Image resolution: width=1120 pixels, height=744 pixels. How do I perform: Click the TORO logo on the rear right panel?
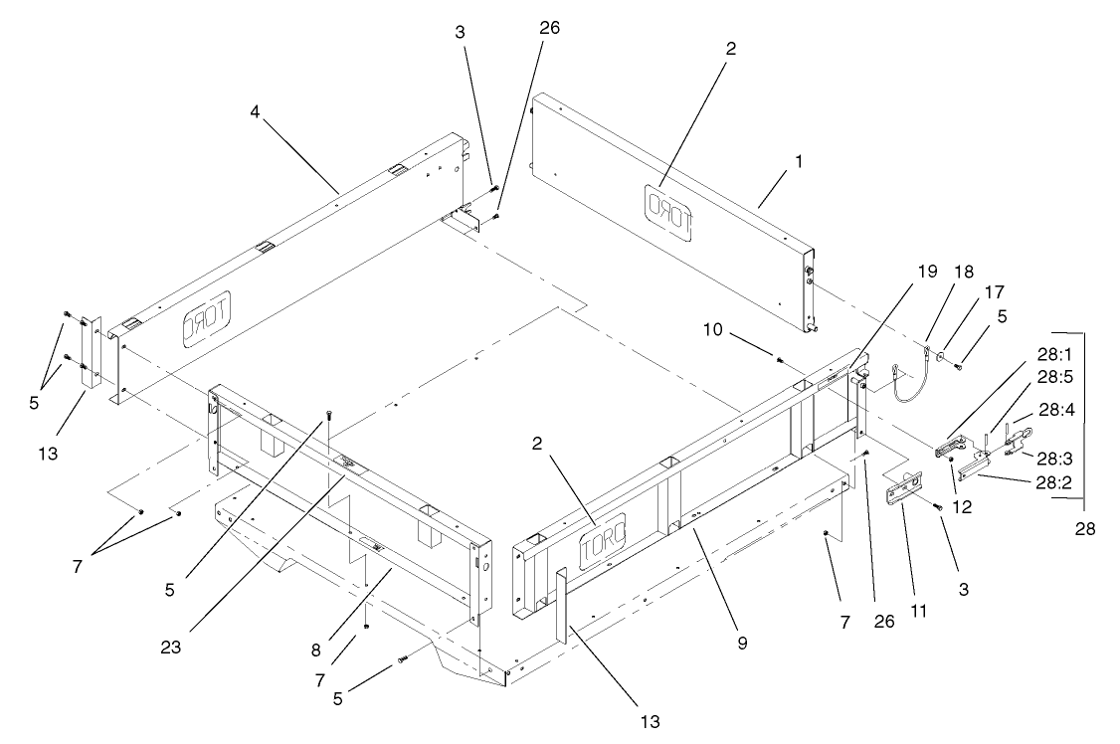point(669,211)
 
